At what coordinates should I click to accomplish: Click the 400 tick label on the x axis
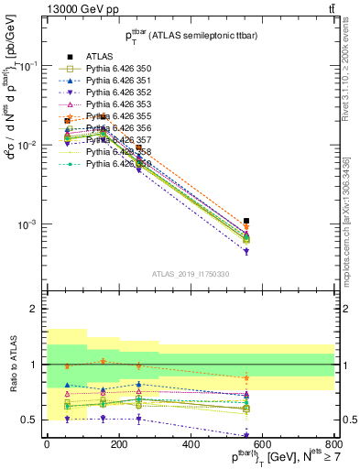[x=191, y=445]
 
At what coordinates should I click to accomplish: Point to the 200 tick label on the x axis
[x=118, y=445]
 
